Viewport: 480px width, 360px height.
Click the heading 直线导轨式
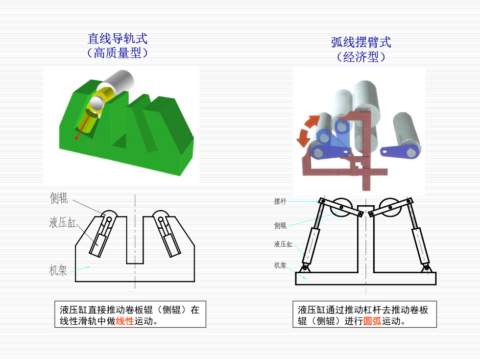117,39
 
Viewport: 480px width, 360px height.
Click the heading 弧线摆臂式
361,43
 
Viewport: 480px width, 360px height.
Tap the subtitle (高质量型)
117,53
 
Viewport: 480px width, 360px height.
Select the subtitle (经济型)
361,57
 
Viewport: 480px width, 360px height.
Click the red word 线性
125,322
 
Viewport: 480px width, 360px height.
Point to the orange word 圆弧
372,322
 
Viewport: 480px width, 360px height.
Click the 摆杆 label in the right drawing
280,202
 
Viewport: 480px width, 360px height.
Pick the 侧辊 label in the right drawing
280,225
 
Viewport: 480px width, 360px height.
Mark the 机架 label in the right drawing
280,265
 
